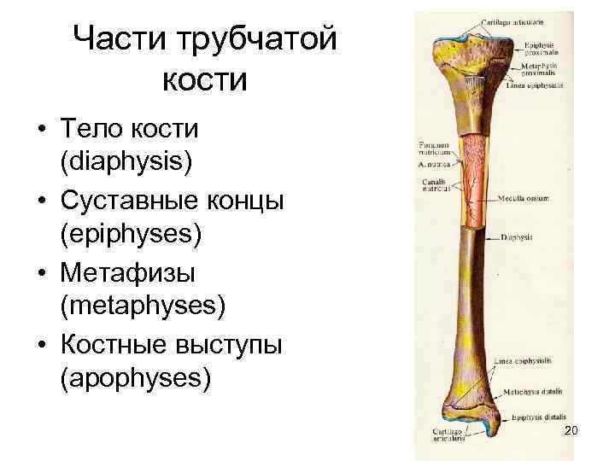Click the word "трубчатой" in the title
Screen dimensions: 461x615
pyautogui.click(x=259, y=38)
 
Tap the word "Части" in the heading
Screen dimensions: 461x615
pyautogui.click(x=121, y=38)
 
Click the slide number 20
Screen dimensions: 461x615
pyautogui.click(x=571, y=430)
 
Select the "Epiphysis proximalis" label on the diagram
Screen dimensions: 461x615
pyautogui.click(x=543, y=45)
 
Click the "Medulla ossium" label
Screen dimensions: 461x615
pyautogui.click(x=524, y=197)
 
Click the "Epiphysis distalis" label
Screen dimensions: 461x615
pyautogui.click(x=538, y=417)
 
